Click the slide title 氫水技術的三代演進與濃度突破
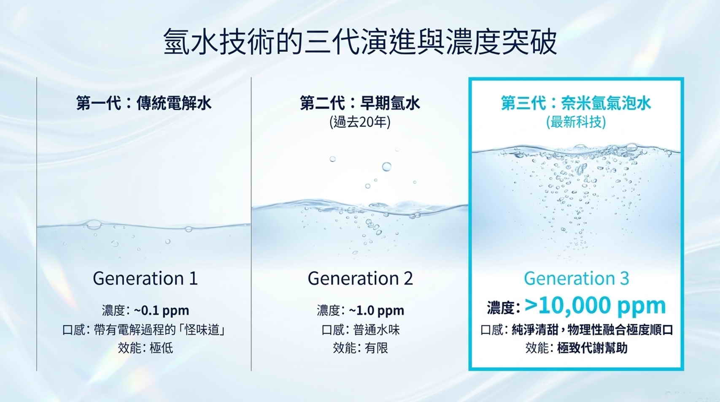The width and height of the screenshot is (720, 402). point(360,42)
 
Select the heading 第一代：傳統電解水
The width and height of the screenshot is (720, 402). point(144,103)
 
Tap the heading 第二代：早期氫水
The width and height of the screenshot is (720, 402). point(360,103)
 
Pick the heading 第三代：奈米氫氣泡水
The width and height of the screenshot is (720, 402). point(576,103)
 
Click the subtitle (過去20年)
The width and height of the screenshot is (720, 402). point(360,122)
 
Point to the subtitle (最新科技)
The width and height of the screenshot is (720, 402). point(576,122)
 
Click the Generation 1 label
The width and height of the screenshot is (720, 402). point(145,278)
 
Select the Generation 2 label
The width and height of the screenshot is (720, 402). point(360,278)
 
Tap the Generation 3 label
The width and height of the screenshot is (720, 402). point(576,278)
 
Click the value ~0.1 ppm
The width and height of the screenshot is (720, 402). point(162,311)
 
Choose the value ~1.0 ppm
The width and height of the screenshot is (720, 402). point(376,311)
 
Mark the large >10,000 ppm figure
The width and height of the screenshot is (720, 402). point(595,305)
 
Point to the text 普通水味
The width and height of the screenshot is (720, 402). point(376,330)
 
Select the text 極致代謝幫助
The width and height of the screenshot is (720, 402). point(592,348)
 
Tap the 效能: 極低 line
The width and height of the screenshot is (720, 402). point(145,348)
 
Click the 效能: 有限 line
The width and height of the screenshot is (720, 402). point(360,348)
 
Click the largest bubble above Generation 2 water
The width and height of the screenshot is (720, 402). point(386,167)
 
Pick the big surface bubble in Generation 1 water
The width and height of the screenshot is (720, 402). point(94,224)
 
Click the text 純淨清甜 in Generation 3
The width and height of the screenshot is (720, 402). point(535,330)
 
